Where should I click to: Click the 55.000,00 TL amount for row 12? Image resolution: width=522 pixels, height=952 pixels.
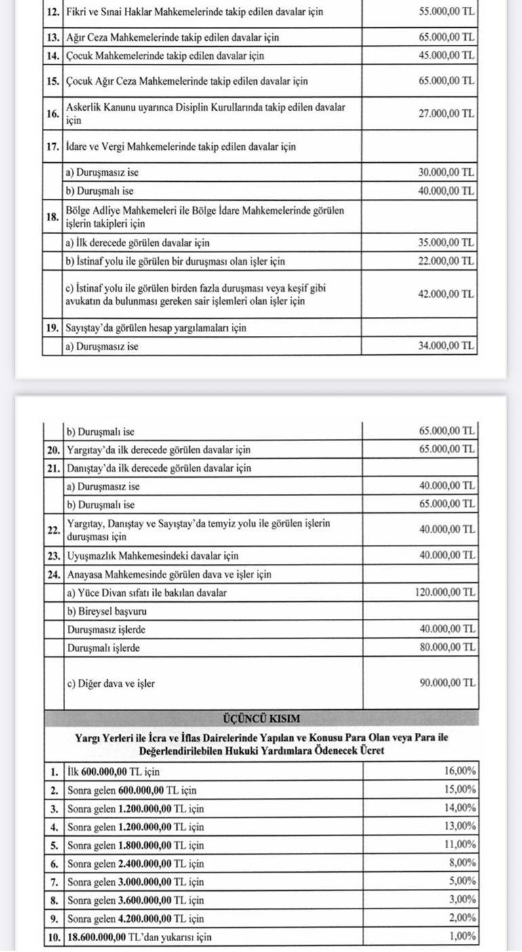(447, 12)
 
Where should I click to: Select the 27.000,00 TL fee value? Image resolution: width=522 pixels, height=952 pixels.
(447, 114)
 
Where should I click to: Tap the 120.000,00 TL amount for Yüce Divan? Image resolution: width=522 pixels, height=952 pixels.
(445, 592)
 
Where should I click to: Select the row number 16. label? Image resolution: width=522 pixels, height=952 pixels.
(52, 114)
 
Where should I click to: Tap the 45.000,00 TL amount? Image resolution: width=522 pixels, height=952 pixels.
(447, 56)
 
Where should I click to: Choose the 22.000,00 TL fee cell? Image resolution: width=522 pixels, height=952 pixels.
(447, 261)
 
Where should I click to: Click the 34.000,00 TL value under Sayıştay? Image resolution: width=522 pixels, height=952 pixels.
(447, 346)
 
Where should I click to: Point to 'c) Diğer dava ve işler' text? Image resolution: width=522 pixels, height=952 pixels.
(111, 683)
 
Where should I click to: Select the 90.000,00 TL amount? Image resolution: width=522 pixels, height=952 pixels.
(447, 683)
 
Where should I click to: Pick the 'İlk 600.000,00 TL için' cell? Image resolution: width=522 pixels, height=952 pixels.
(113, 772)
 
